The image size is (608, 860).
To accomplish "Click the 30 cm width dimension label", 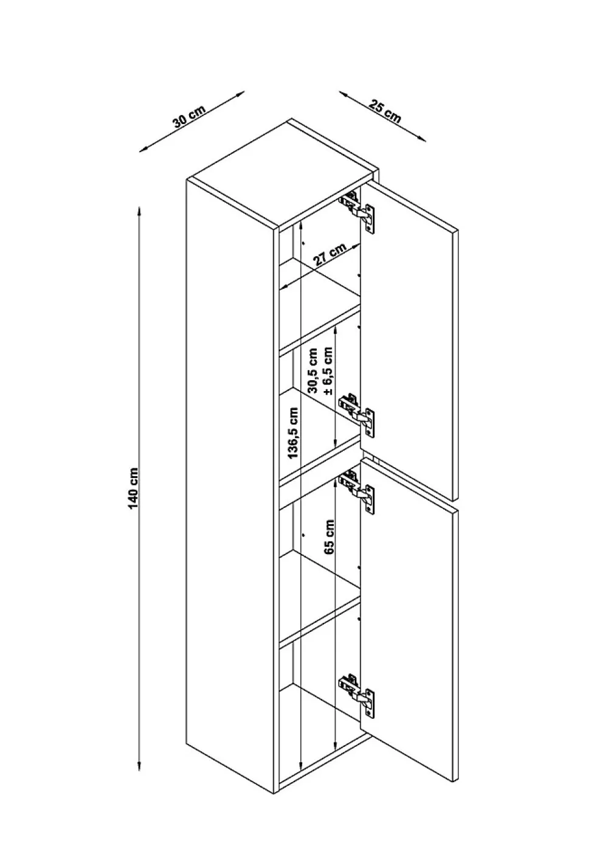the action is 189,116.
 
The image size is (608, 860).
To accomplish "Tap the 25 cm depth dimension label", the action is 385,111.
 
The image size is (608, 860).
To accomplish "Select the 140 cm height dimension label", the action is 133,488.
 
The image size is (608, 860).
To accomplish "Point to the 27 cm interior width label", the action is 330,254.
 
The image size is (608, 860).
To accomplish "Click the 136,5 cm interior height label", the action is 293,432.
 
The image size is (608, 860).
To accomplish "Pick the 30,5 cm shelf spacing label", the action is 313,370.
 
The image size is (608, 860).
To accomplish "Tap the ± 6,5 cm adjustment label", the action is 328,371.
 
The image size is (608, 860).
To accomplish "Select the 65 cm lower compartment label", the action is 329,537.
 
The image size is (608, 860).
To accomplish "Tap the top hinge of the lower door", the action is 356,491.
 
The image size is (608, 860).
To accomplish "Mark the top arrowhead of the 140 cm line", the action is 139,212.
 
